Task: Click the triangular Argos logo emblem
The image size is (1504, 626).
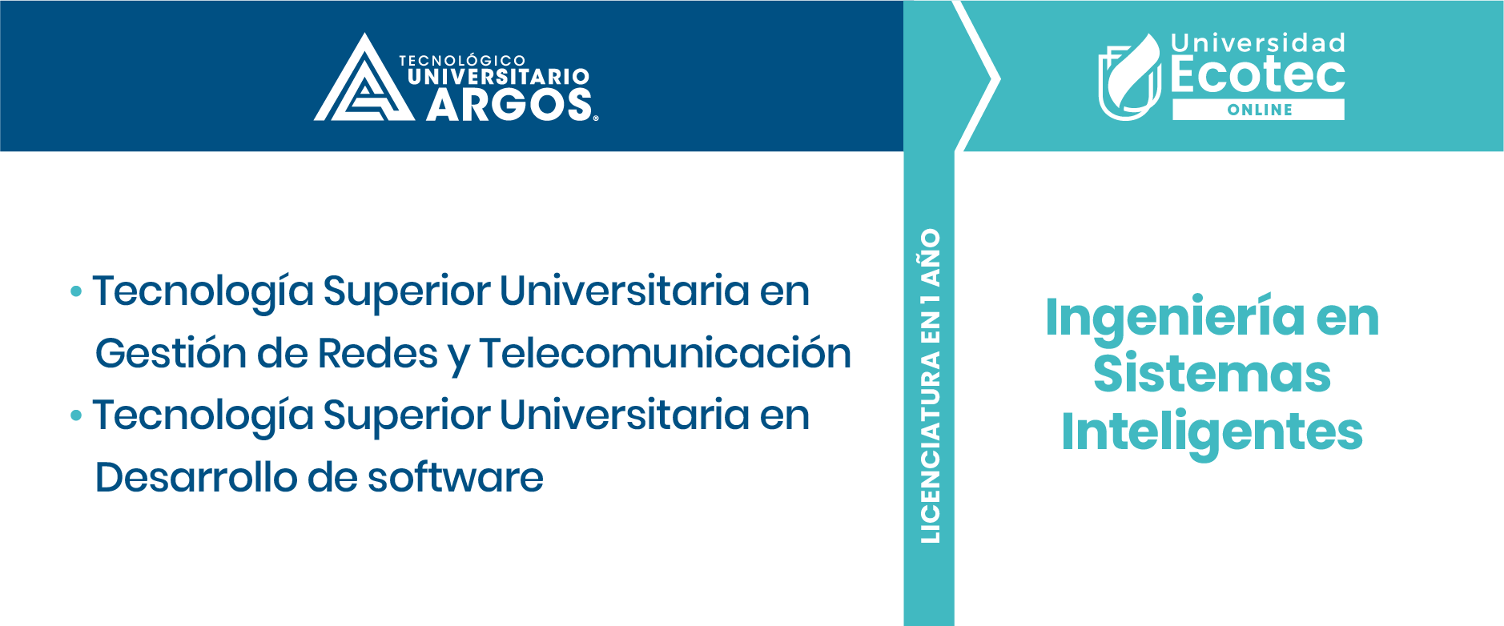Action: click(x=364, y=80)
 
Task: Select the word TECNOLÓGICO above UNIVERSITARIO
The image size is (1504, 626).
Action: click(x=462, y=60)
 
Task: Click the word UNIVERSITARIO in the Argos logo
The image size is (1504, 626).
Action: click(x=498, y=77)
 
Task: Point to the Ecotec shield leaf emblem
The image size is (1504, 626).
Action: click(x=1129, y=78)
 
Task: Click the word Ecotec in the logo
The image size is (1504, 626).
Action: click(x=1257, y=75)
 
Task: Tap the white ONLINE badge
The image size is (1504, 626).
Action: click(x=1258, y=110)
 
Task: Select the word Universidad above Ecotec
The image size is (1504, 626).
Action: click(x=1257, y=42)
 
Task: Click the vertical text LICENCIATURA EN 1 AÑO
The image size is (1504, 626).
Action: click(x=930, y=386)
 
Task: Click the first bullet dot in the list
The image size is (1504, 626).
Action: click(x=76, y=291)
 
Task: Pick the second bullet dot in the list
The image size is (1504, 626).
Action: click(x=76, y=415)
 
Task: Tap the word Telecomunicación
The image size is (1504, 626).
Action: click(x=665, y=353)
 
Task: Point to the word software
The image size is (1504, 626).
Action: click(x=455, y=477)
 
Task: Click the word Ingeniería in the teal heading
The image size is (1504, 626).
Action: click(x=1174, y=318)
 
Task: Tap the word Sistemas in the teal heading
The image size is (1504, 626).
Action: click(x=1212, y=374)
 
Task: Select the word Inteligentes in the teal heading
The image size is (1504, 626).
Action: click(x=1212, y=432)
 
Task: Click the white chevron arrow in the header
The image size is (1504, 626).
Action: click(x=978, y=77)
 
